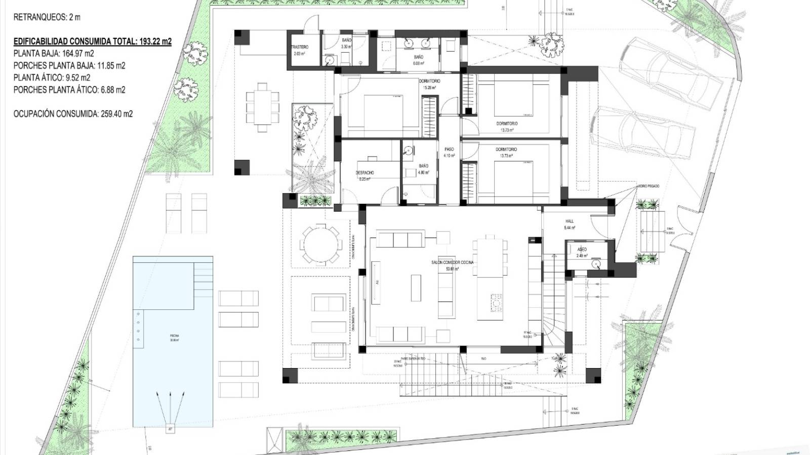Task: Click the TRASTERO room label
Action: click(x=300, y=47)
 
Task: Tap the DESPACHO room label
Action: click(x=364, y=173)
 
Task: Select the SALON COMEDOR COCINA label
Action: click(x=445, y=263)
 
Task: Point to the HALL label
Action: click(x=570, y=221)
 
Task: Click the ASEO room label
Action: click(x=582, y=250)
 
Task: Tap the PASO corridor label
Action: click(x=449, y=150)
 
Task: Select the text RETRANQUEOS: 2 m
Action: click(x=47, y=17)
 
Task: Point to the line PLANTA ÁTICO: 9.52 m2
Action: click(x=52, y=77)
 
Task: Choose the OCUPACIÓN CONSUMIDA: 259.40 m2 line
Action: click(x=73, y=114)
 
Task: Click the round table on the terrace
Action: click(x=321, y=245)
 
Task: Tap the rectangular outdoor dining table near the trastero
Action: click(x=262, y=107)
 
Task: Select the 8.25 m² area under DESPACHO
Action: click(x=364, y=178)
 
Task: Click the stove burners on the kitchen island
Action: click(x=496, y=303)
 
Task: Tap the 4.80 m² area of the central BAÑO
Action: click(x=423, y=172)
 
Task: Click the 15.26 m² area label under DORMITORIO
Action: click(x=429, y=87)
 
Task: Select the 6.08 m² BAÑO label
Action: click(x=418, y=64)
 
